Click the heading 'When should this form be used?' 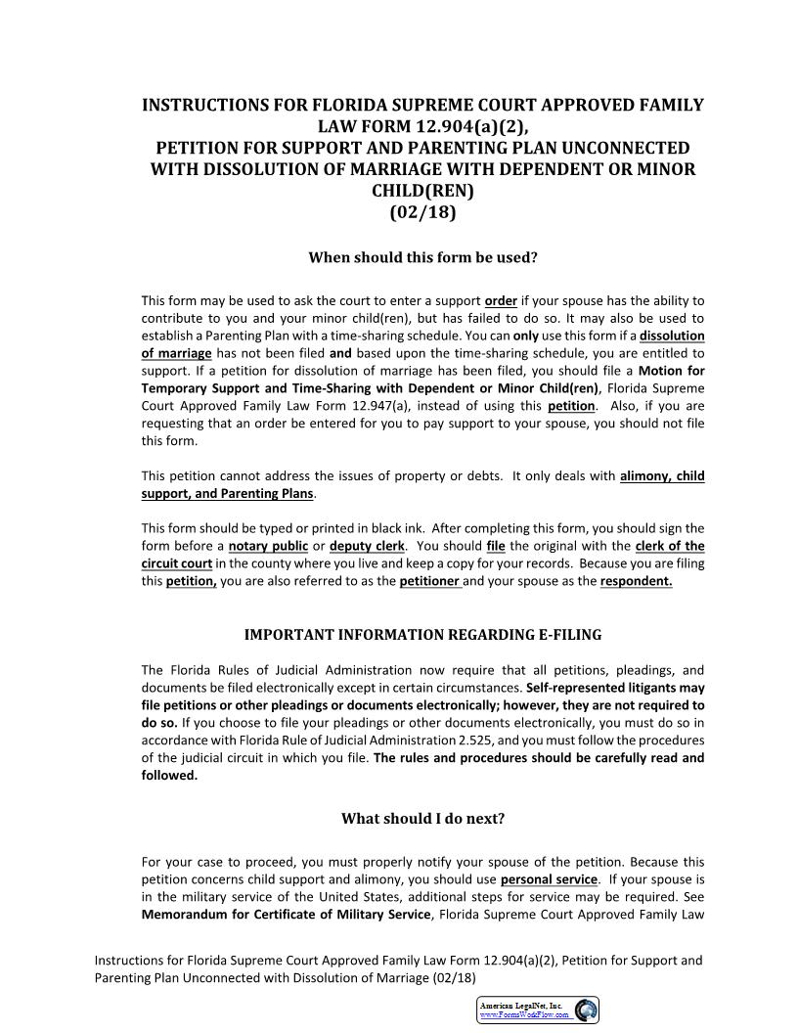click(x=422, y=258)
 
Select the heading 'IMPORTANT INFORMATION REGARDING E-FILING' click(x=422, y=635)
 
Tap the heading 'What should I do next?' click(x=422, y=819)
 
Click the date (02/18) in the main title click(x=422, y=211)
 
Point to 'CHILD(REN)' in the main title click(x=422, y=191)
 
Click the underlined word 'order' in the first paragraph click(x=501, y=301)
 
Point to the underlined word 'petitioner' click(x=430, y=581)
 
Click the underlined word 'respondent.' click(x=636, y=581)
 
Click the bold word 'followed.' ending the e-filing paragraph click(x=169, y=776)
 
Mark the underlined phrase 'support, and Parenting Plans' click(x=228, y=494)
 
